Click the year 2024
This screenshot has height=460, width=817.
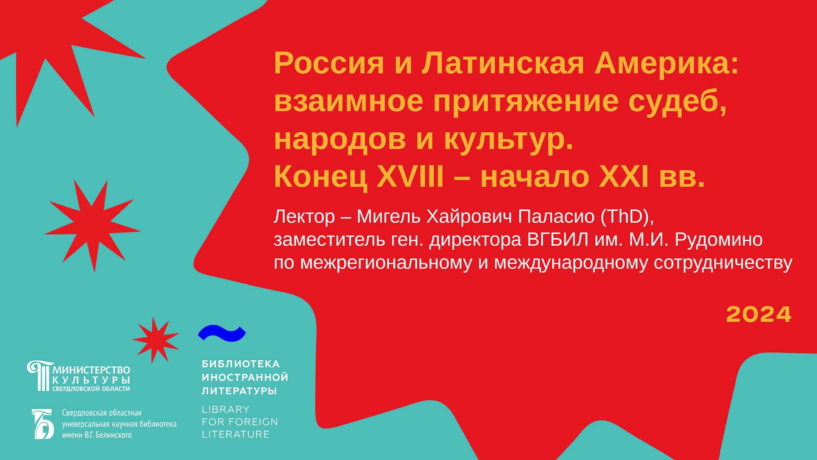[x=758, y=315]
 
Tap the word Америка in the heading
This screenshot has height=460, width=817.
[x=666, y=63]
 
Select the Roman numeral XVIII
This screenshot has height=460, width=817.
[x=410, y=176]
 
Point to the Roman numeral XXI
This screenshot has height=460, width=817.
[x=624, y=176]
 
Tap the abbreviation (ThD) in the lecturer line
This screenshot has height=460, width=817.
[x=627, y=217]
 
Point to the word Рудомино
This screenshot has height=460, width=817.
[x=719, y=240]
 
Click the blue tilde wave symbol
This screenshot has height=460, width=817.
[x=222, y=333]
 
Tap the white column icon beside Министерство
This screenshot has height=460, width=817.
[x=40, y=376]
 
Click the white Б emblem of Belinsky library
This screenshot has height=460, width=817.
[x=43, y=424]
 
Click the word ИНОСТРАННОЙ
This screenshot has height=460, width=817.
[x=245, y=377]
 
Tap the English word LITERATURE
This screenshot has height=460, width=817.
[x=235, y=434]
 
